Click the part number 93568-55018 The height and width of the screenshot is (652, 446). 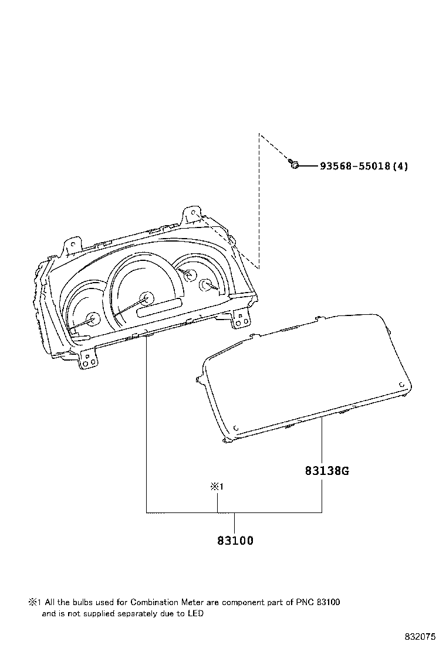tap(355, 167)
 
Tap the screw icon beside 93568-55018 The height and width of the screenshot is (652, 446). tap(294, 165)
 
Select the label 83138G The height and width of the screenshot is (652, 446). tap(327, 471)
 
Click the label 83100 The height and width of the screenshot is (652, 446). tap(235, 541)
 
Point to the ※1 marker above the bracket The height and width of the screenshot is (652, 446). tap(217, 487)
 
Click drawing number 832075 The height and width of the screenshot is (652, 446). tap(420, 637)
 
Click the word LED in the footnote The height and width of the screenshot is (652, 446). tap(195, 613)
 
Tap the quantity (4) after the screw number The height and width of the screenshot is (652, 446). tap(400, 167)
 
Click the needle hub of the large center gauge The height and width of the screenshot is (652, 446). tap(147, 297)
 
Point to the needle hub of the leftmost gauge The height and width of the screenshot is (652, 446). tap(93, 319)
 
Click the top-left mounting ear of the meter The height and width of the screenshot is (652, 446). tap(72, 247)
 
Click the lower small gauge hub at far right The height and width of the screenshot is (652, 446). tap(206, 284)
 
